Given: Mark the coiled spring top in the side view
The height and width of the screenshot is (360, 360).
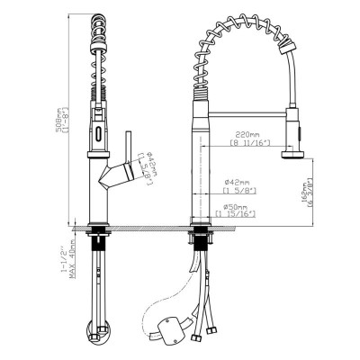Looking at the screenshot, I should pyautogui.click(x=99, y=27).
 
